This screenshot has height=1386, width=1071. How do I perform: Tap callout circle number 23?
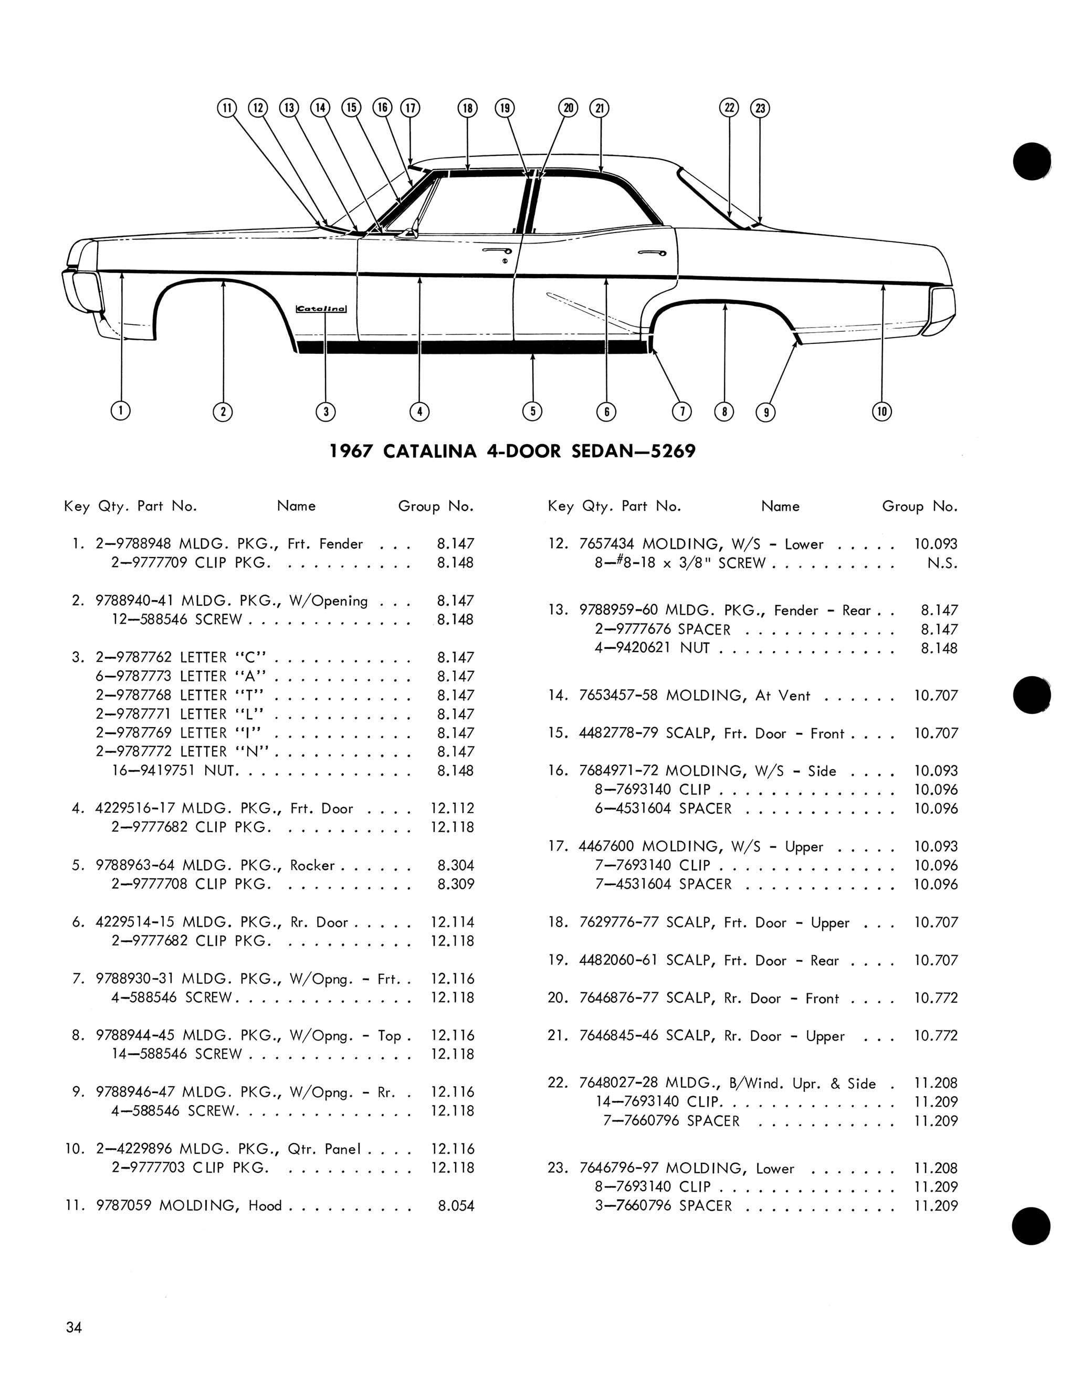(x=760, y=108)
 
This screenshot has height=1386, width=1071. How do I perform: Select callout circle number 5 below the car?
(x=532, y=411)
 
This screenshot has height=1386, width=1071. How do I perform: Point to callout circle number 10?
(x=882, y=411)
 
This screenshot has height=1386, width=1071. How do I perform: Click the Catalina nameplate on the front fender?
(x=322, y=309)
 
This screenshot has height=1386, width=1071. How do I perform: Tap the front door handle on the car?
(x=497, y=252)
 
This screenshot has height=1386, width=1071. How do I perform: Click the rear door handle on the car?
(x=652, y=253)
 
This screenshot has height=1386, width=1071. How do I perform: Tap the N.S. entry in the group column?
(x=942, y=563)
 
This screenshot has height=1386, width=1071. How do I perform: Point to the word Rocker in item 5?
(x=312, y=865)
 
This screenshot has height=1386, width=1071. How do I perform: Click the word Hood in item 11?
(x=265, y=1205)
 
